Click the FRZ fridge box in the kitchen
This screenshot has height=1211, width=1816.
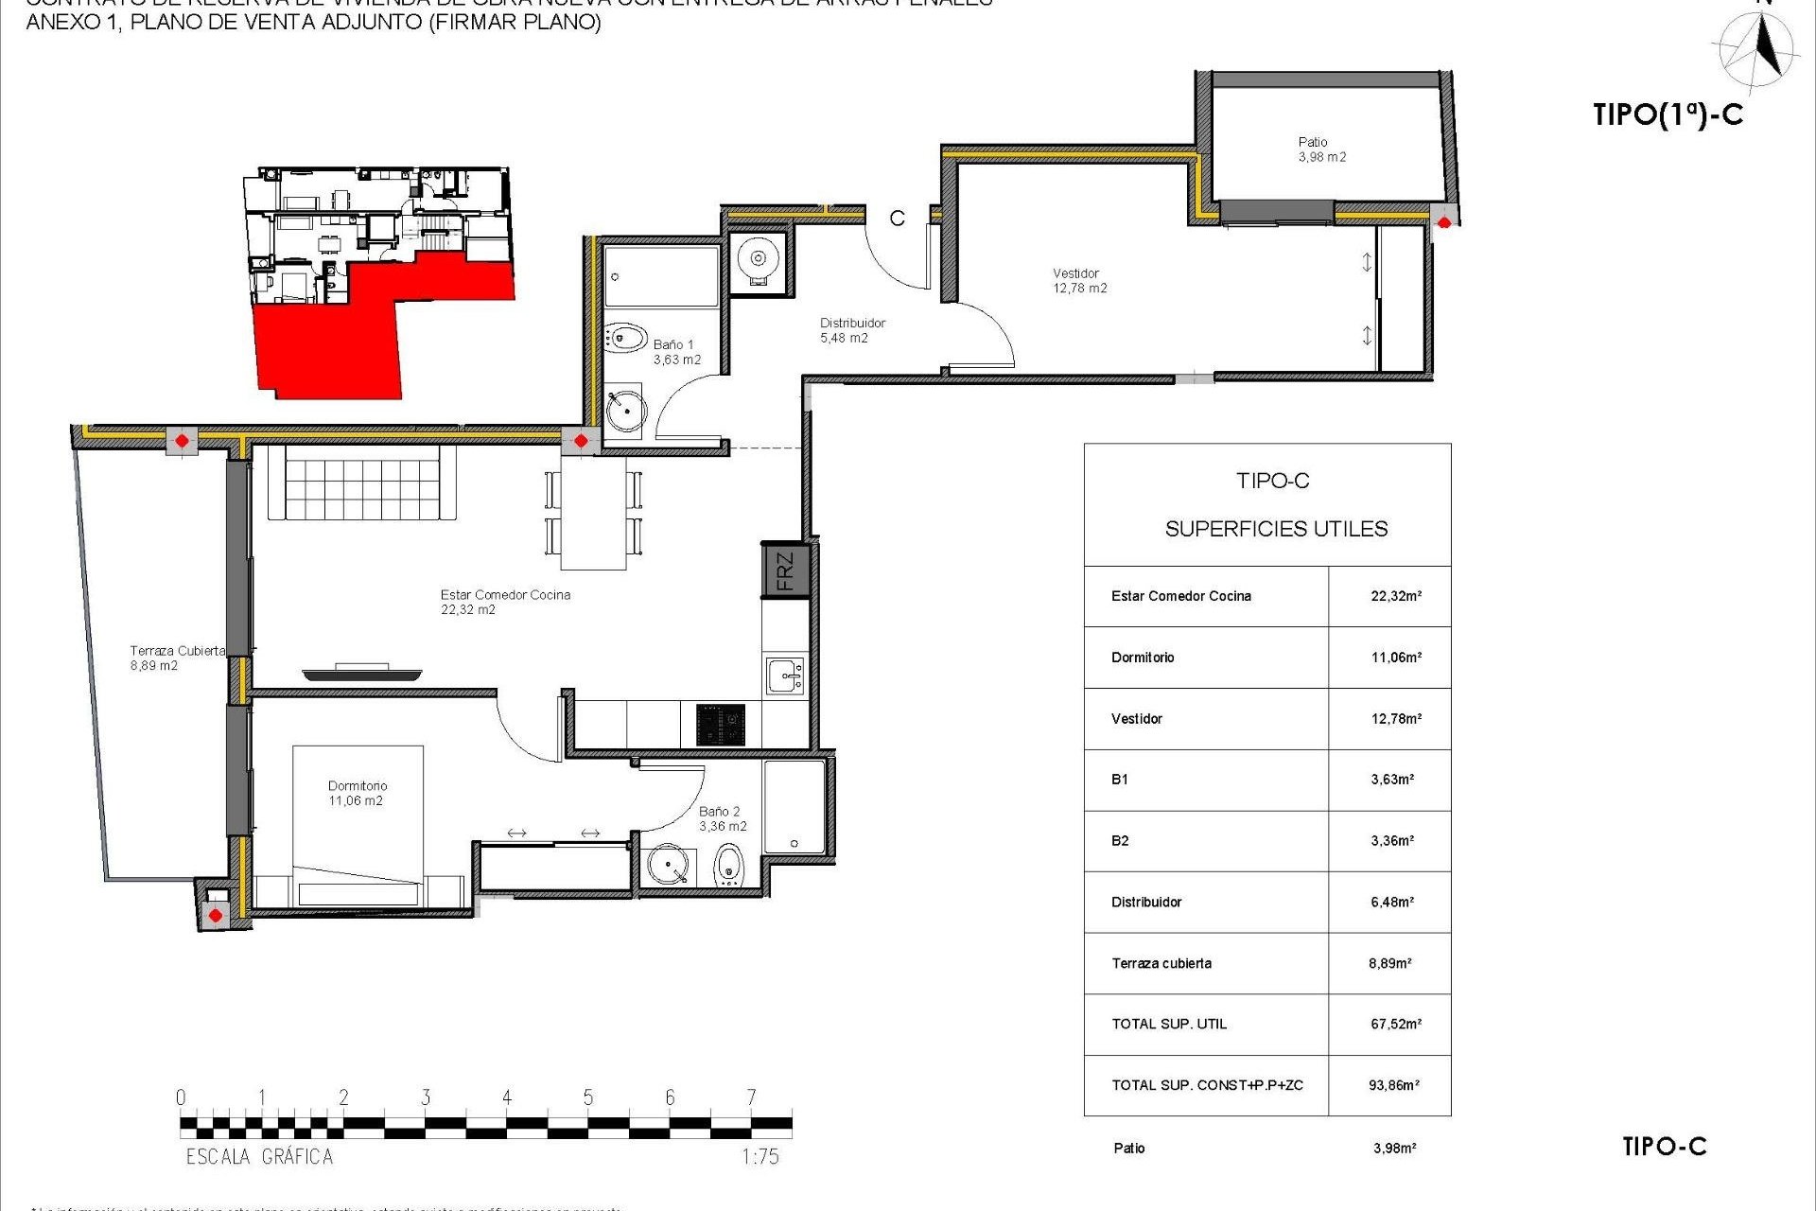click(785, 570)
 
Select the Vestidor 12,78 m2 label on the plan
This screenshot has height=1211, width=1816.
click(1079, 281)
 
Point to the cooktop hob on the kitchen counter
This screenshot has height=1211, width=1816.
click(721, 725)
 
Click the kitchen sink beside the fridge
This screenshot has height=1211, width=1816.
click(785, 676)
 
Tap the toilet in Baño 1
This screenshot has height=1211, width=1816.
click(625, 338)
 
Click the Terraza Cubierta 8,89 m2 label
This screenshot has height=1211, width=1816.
click(177, 658)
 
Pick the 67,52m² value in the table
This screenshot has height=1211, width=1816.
click(1395, 1024)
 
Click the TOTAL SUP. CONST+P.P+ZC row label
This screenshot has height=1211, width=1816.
click(1207, 1085)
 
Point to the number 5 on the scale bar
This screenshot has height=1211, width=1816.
click(587, 1097)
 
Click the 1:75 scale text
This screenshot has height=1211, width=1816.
click(760, 1156)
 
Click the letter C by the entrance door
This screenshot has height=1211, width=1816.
click(897, 219)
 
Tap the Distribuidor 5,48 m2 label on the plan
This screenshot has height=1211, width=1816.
click(851, 330)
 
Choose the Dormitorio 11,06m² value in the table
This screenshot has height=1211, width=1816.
click(1396, 657)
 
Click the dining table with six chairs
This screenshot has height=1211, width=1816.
click(593, 514)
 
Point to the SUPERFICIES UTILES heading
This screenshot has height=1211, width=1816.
click(1276, 529)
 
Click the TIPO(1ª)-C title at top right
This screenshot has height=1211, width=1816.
click(1668, 114)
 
